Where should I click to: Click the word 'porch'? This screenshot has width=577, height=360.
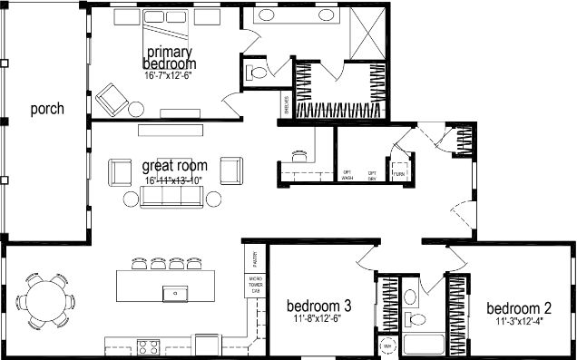pos(46,110)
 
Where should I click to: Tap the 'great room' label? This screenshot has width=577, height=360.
pos(174,166)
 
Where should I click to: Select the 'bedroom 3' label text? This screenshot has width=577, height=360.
pos(318,306)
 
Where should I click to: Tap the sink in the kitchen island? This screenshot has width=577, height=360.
pos(170,293)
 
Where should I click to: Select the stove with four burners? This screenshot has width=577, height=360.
pos(148,345)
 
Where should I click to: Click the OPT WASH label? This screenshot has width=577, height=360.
pos(347,175)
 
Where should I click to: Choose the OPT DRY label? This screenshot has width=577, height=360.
pos(372,175)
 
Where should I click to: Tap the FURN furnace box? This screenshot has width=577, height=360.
pos(398,173)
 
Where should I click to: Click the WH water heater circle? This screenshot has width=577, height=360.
pos(387,346)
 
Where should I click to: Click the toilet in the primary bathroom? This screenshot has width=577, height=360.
pos(258,72)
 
